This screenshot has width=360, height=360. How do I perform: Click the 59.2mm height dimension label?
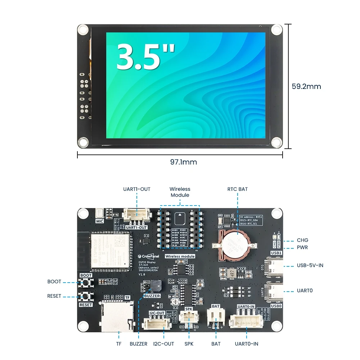(306, 86)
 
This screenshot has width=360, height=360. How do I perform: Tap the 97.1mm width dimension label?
(184, 162)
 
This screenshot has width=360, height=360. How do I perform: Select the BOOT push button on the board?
(86, 284)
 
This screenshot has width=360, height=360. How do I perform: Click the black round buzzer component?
(156, 286)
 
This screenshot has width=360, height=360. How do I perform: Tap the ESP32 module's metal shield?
(110, 249)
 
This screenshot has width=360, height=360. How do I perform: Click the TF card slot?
(116, 317)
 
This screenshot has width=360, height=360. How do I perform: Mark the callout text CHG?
(302, 240)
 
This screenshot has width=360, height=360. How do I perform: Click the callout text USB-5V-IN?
(310, 265)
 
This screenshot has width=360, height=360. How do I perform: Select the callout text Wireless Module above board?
(180, 192)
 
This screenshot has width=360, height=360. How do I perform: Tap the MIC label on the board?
(100, 221)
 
